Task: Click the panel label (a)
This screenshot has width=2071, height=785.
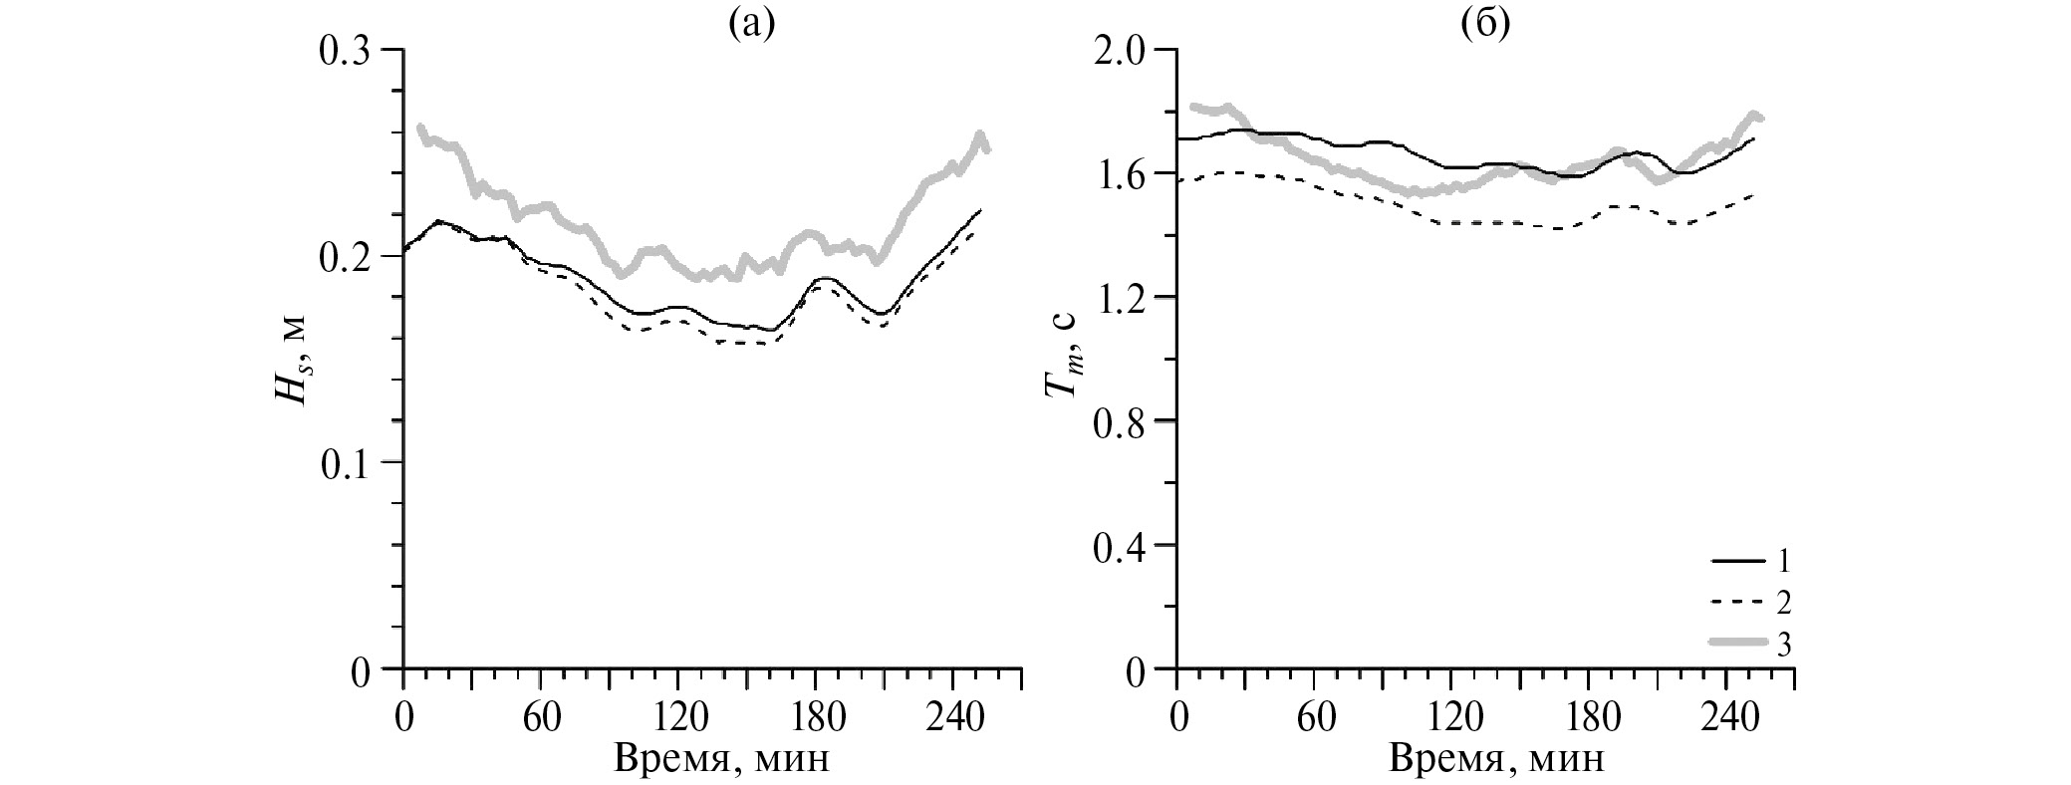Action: tap(750, 24)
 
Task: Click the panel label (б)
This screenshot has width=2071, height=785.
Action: tap(1485, 24)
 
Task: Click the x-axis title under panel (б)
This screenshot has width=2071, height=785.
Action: tap(1497, 759)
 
